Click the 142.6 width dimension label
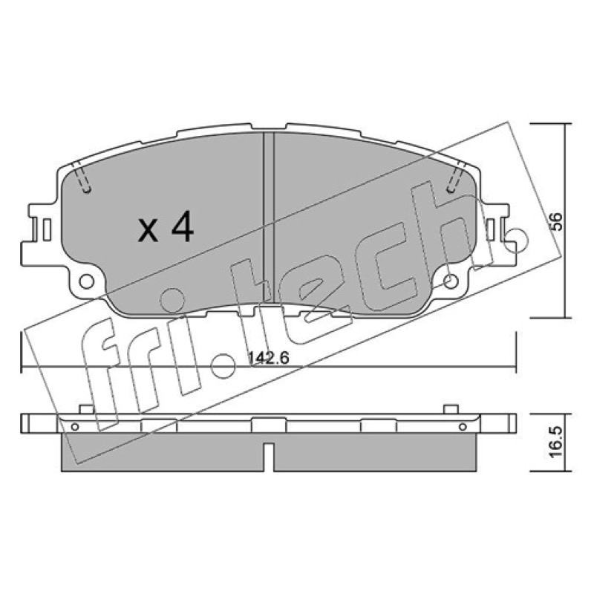[x=269, y=358]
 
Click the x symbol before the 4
[x=148, y=232]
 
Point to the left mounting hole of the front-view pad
[x=87, y=281]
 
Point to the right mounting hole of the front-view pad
[x=451, y=281]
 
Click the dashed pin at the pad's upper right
[x=456, y=177]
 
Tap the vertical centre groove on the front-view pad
[x=268, y=218]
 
